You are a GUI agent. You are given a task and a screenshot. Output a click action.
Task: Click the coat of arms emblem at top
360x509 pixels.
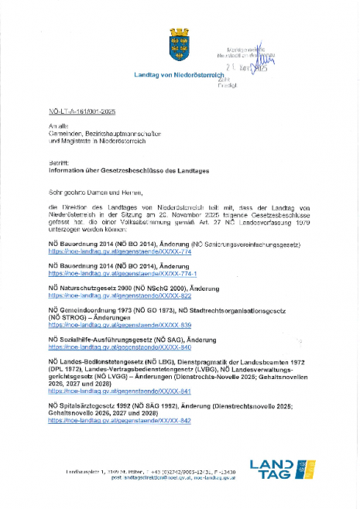(180, 46)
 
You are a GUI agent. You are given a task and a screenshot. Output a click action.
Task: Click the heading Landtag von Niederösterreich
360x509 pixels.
(180, 73)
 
